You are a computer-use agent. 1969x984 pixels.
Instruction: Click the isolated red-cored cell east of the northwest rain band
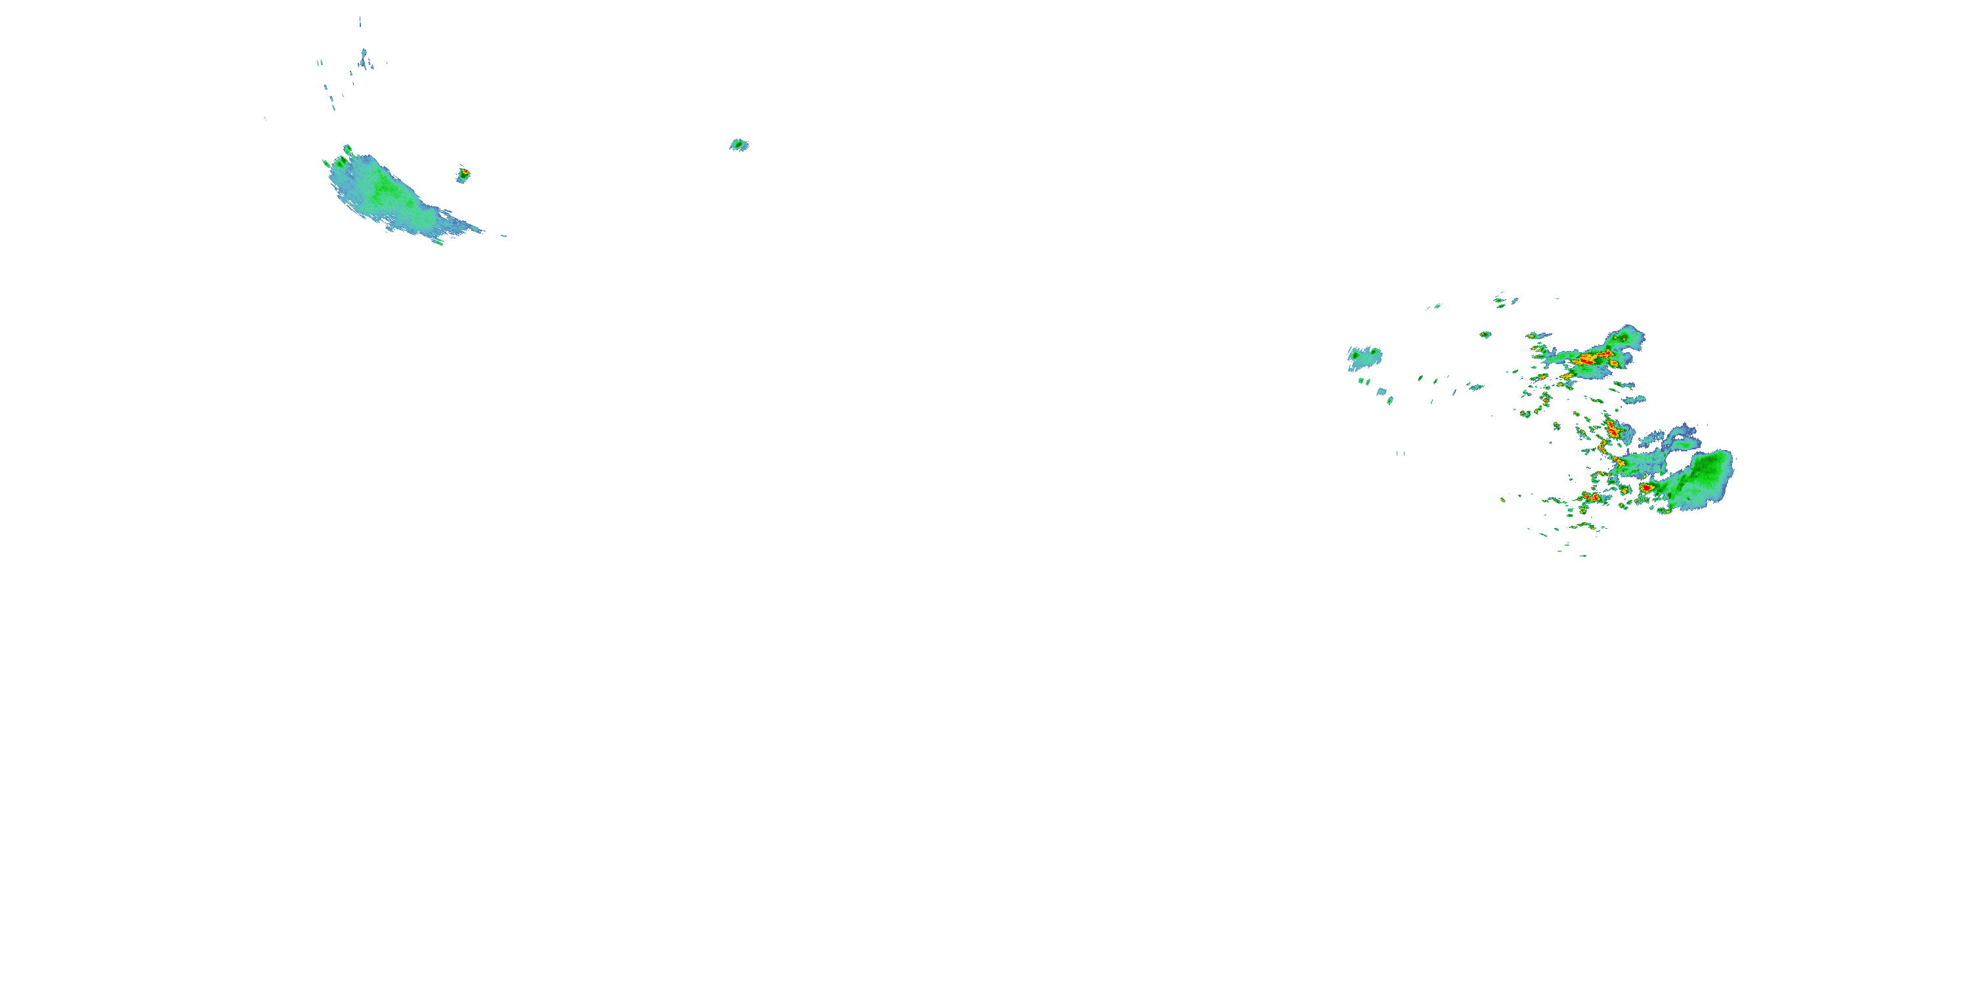click(x=463, y=175)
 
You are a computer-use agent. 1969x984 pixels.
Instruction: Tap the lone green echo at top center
click(x=738, y=144)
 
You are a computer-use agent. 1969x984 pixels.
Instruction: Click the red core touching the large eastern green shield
click(x=1645, y=487)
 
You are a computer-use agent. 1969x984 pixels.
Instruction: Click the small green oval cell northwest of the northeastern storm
click(x=1485, y=335)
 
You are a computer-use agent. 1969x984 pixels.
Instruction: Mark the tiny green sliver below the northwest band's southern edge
click(x=438, y=241)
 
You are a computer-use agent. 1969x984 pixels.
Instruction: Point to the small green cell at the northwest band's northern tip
click(x=348, y=149)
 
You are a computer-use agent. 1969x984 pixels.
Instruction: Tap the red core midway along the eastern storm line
click(x=1612, y=430)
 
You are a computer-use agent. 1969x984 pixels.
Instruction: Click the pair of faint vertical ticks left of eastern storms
click(x=1401, y=453)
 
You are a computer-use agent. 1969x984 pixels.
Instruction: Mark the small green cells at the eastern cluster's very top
click(x=1506, y=300)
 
